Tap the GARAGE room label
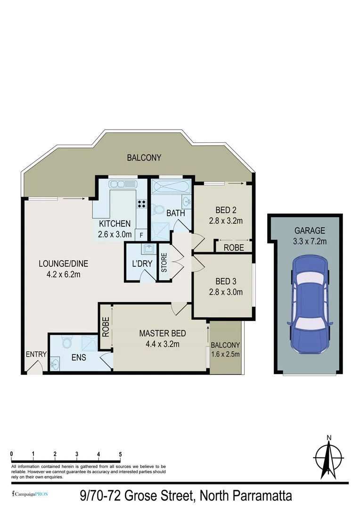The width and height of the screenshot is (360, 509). click(x=310, y=230)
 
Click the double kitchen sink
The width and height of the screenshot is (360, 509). click(x=122, y=184)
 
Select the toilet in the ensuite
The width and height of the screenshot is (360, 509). click(x=66, y=341)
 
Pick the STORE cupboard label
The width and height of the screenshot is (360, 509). click(x=164, y=263)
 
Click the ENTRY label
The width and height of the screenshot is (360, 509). click(x=36, y=354)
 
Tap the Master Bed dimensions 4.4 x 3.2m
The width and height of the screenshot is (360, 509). click(x=162, y=344)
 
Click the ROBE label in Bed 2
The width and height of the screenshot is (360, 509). click(x=233, y=247)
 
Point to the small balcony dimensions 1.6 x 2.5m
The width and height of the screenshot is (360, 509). click(x=225, y=354)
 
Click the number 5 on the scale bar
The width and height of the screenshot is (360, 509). click(x=121, y=454)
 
